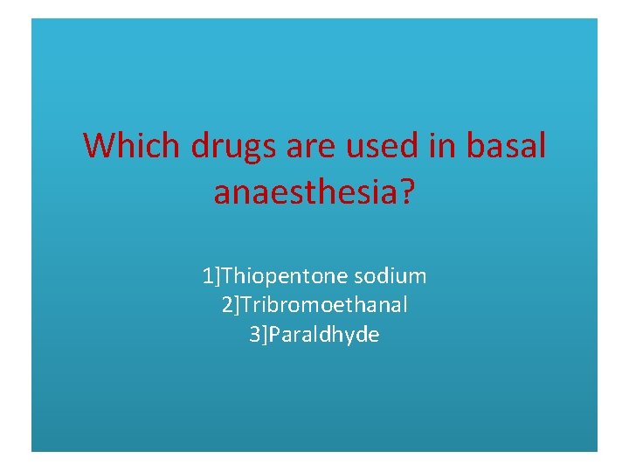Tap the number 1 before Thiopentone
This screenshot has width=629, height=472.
coord(207,277)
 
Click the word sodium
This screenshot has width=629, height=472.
coord(391,277)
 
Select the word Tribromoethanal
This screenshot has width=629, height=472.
coord(324,306)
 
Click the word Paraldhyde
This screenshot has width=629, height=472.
coord(324,335)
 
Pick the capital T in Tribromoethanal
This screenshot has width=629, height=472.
coord(245,306)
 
